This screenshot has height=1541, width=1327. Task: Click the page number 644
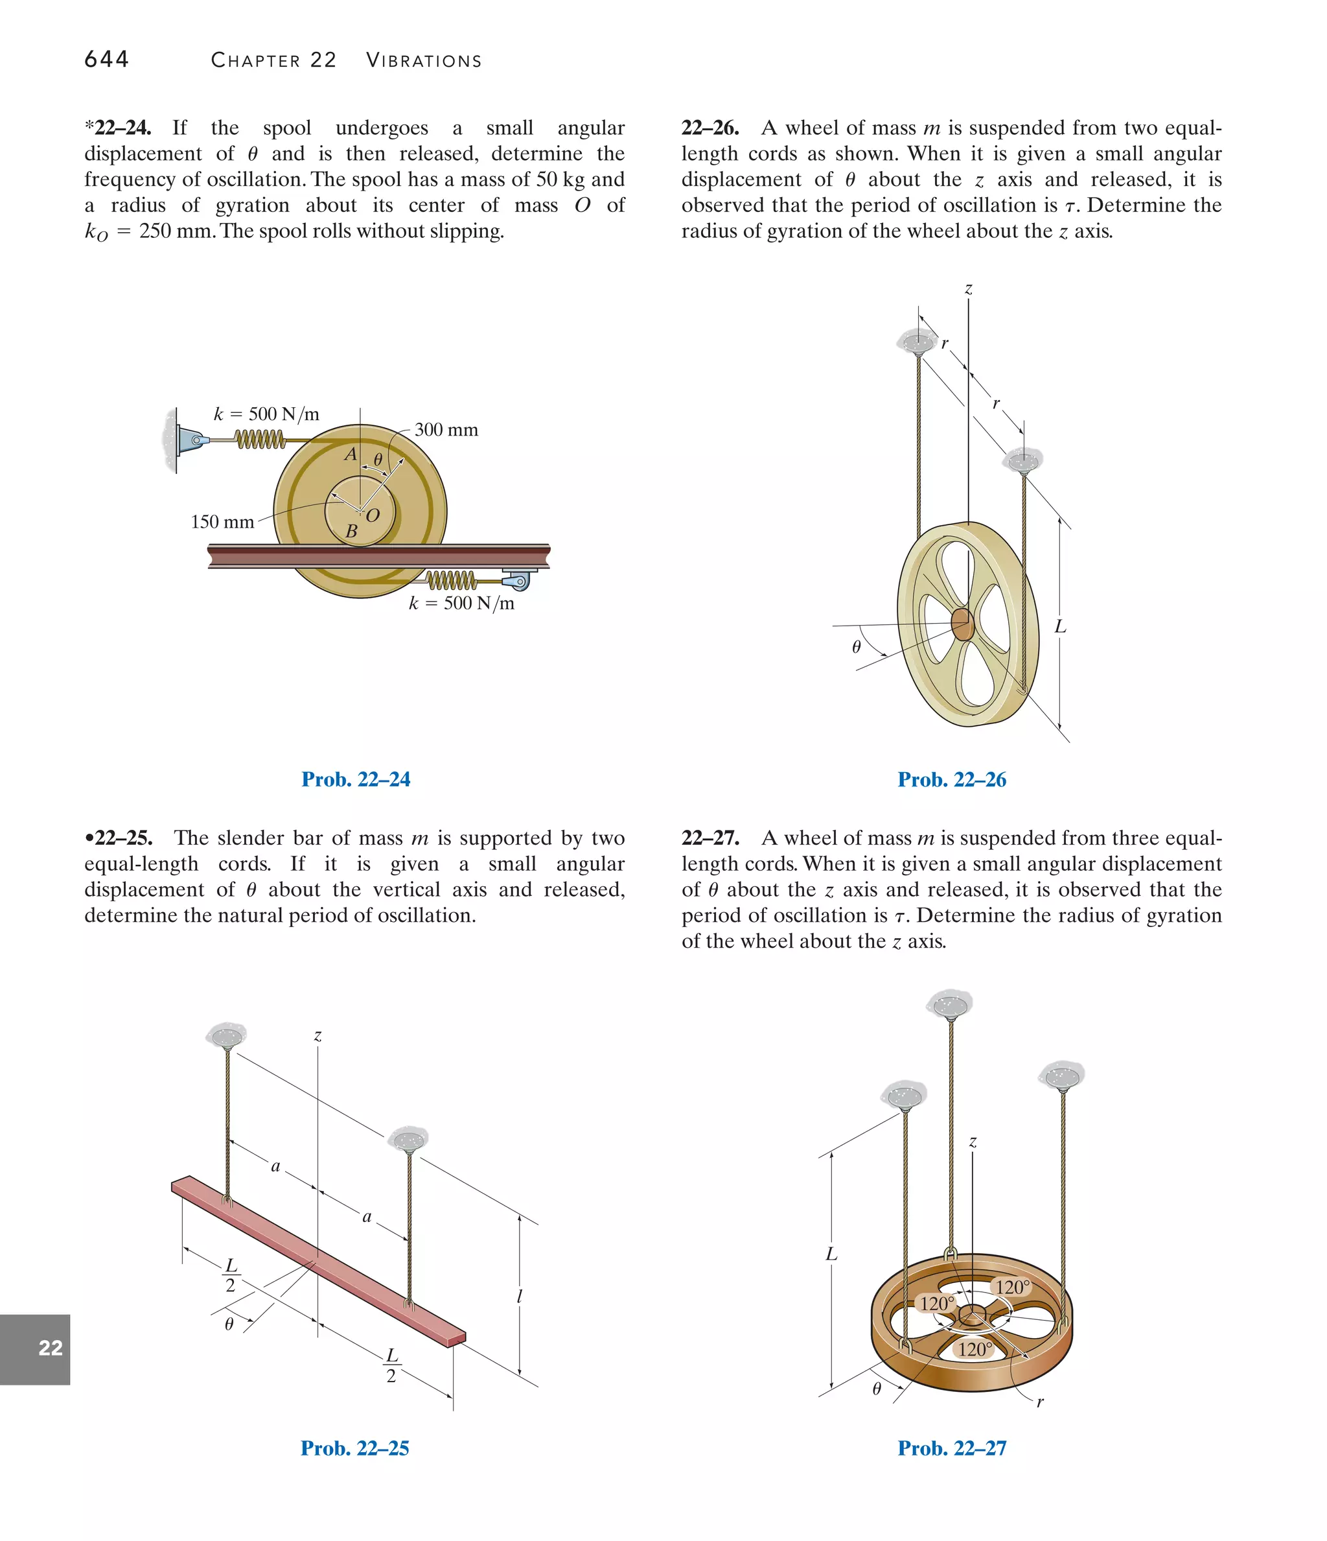(106, 60)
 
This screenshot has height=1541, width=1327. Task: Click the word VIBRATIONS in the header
(424, 61)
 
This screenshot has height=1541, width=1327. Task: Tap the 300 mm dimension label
(446, 430)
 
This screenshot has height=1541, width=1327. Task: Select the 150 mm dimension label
(222, 522)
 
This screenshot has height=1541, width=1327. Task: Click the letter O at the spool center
(373, 515)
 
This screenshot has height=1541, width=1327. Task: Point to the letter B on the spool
(352, 532)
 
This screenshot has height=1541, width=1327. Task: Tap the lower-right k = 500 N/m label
(461, 603)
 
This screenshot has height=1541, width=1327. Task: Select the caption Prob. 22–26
(952, 779)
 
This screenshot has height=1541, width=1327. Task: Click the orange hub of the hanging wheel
(962, 625)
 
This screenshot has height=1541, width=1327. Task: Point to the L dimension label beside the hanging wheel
(1060, 627)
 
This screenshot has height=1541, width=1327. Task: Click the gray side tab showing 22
(35, 1348)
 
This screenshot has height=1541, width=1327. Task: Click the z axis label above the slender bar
(317, 1035)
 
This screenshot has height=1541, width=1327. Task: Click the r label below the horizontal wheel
(1040, 1403)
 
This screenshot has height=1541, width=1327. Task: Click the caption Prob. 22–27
(952, 1448)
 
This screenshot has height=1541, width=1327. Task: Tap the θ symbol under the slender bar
(229, 1324)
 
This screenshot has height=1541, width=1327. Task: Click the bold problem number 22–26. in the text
(710, 128)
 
